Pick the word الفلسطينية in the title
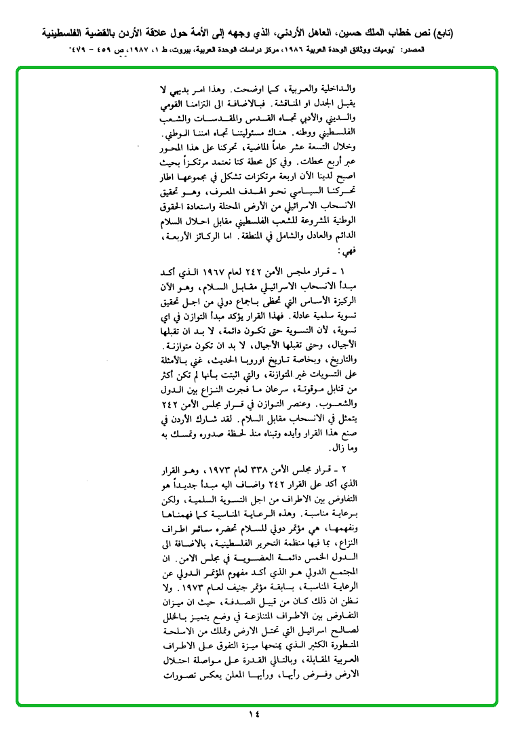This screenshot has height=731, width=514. [70, 32]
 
